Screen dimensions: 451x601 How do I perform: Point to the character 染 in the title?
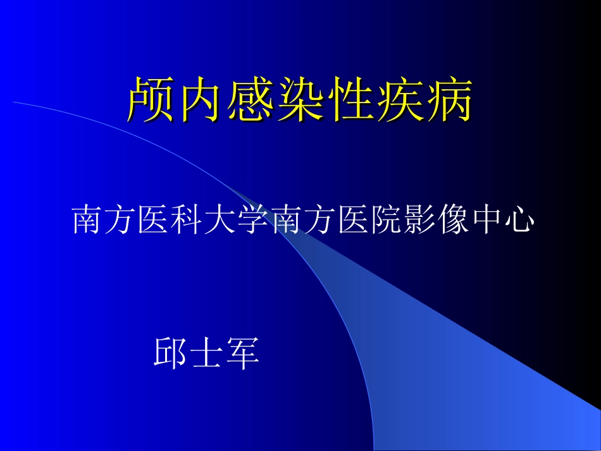tap(300, 100)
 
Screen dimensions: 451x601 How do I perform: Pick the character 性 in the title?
tap(349, 100)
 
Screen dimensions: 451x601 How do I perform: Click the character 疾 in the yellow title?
tap(399, 100)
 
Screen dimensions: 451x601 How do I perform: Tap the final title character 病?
tap(448, 100)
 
